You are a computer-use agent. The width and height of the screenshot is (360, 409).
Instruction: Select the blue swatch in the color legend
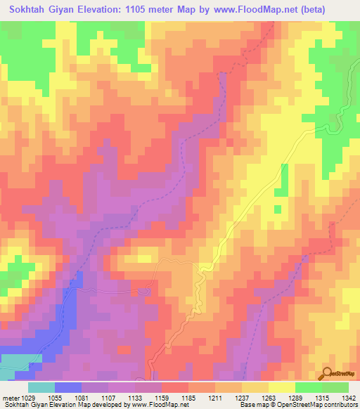[68, 387]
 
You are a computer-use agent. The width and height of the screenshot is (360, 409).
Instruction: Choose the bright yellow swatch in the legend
[281, 387]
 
